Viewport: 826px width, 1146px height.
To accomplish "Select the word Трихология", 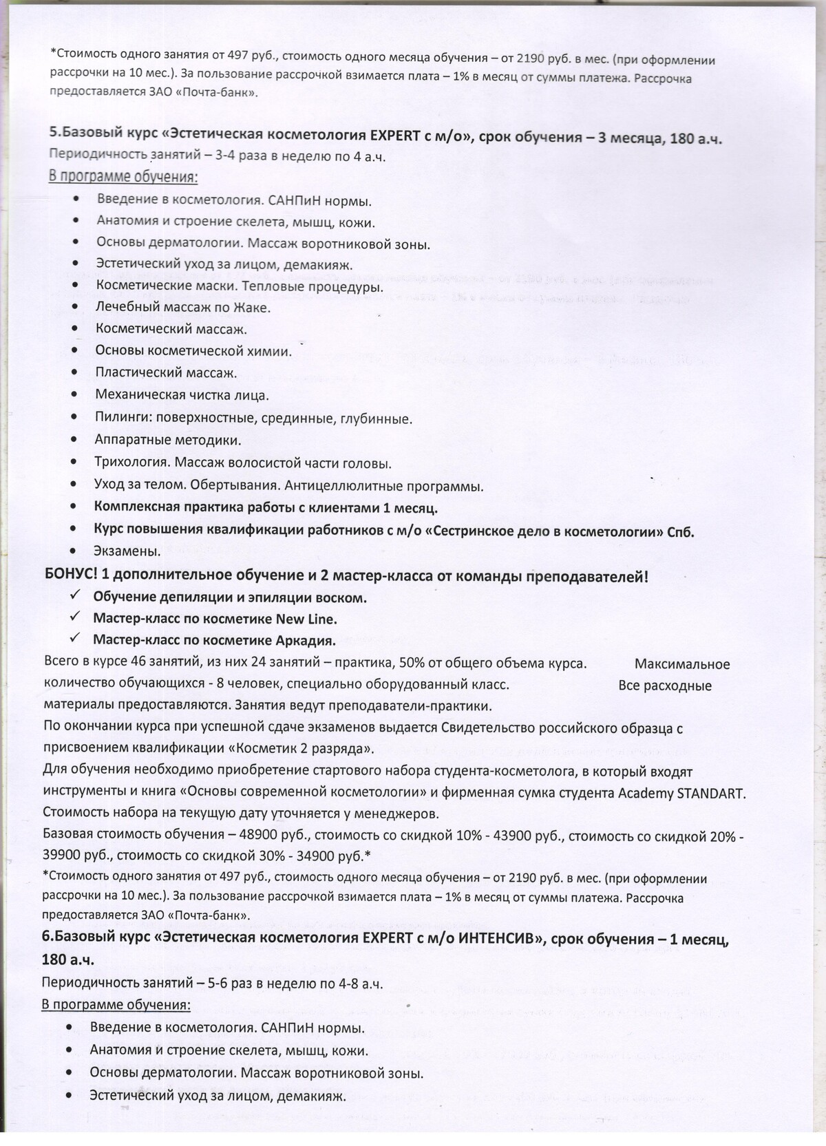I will point(129,463).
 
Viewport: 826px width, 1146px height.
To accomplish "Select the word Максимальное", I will point(681,665).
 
